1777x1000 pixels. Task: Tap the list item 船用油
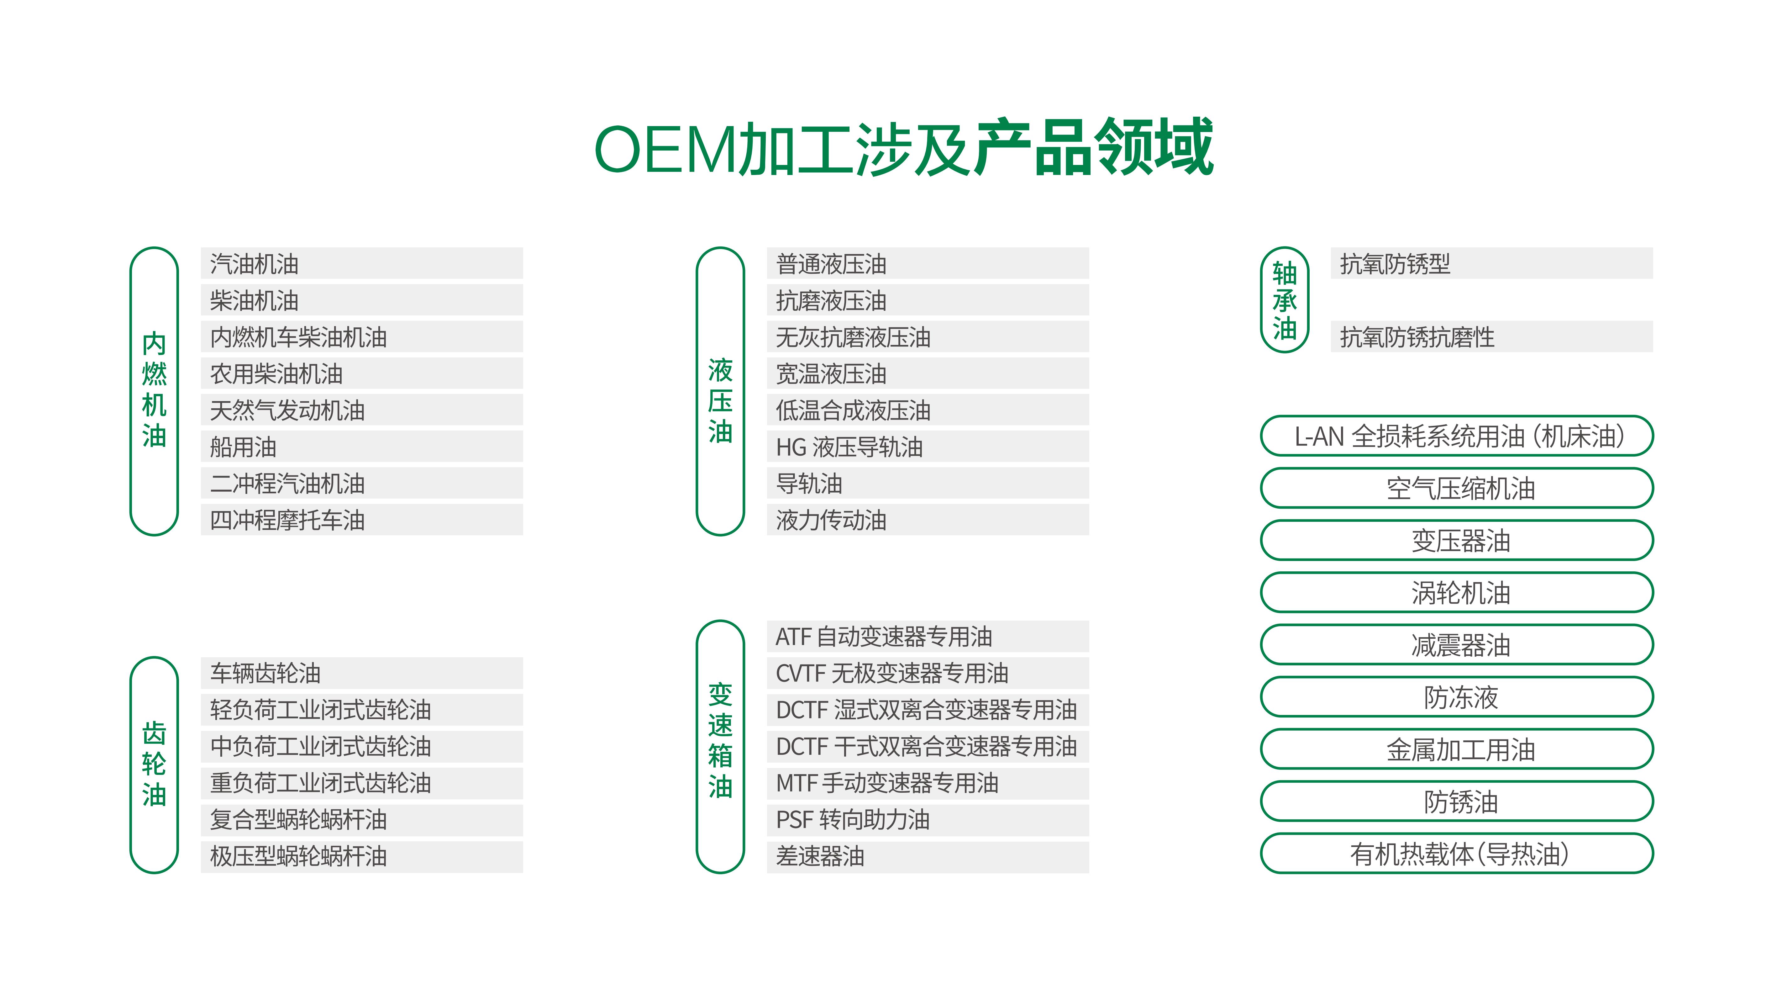pos(361,447)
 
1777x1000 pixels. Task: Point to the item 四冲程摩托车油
pos(361,520)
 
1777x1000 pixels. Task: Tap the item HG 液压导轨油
pos(928,447)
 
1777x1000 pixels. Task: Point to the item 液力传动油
pos(928,520)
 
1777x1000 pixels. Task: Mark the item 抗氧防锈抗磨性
pos(1491,337)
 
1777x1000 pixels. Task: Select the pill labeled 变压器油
pos(1457,540)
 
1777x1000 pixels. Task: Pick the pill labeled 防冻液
pos(1457,697)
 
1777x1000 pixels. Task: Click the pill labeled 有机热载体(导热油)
pos(1457,854)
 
